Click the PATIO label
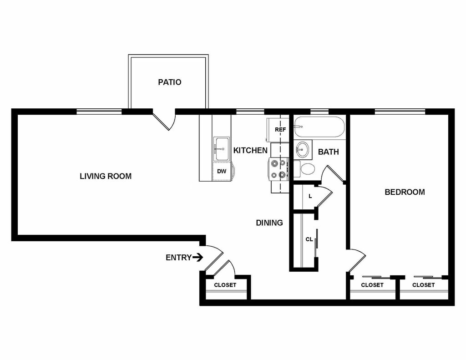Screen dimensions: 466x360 [x=169, y=82]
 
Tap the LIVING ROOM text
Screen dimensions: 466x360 [x=106, y=176]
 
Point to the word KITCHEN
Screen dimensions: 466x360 [x=250, y=151]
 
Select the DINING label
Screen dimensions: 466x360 [x=269, y=223]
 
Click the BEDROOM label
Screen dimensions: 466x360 [x=405, y=192]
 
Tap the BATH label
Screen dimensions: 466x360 [x=329, y=152]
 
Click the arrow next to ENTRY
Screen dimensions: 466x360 [x=198, y=257]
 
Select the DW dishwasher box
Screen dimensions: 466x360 [x=222, y=172]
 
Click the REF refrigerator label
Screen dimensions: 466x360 [x=280, y=130]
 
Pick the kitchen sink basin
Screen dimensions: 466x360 [x=222, y=149]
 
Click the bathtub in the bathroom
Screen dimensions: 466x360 [x=319, y=127]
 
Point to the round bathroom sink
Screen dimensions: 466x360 [x=303, y=150]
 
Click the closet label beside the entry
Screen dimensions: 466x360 [x=225, y=285]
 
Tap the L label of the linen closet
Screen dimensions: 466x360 [x=310, y=196]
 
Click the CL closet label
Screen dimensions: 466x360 [x=309, y=239]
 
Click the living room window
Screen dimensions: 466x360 [x=99, y=112]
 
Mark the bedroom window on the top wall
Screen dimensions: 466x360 [x=400, y=112]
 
